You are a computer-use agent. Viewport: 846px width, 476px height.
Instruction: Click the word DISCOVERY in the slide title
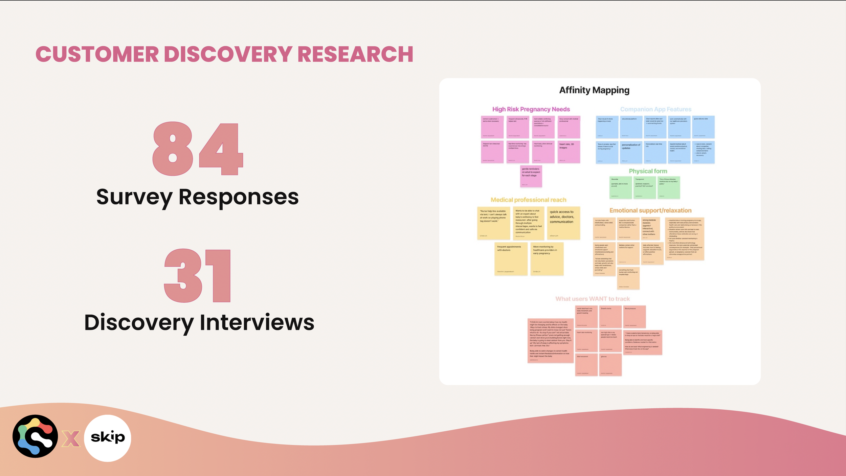click(228, 54)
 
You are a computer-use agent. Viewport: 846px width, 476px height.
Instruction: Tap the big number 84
click(198, 149)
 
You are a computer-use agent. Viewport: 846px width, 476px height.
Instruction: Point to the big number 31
click(198, 276)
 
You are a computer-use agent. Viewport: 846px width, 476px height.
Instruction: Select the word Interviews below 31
click(257, 322)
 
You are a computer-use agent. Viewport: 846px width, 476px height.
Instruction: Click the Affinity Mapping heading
click(594, 90)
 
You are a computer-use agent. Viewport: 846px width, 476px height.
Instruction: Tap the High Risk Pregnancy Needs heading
click(531, 109)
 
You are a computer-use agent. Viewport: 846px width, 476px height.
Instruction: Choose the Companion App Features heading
click(655, 109)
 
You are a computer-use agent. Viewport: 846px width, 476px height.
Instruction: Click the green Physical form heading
click(648, 171)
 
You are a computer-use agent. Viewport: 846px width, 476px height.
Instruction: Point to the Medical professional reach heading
click(528, 200)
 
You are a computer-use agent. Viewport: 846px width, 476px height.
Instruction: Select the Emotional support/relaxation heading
click(650, 210)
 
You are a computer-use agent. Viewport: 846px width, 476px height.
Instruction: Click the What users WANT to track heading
click(593, 299)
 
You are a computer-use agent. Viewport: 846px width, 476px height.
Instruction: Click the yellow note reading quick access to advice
click(563, 223)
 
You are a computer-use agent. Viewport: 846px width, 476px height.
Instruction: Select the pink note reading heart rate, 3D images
click(569, 152)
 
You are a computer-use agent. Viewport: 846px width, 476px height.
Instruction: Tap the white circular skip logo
click(108, 438)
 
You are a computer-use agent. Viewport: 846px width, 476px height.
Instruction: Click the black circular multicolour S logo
click(35, 436)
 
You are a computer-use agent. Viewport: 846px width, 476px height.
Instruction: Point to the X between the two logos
click(71, 438)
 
